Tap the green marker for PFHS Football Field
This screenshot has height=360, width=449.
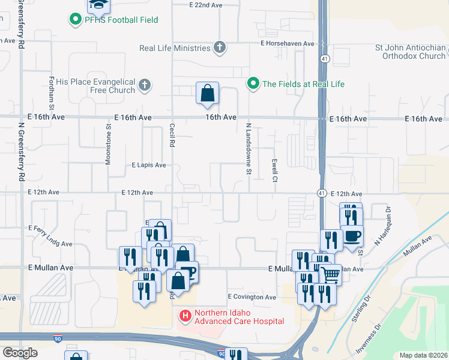point(76,20)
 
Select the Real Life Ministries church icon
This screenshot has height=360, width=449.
point(220,47)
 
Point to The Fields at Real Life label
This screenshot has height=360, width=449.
point(303,84)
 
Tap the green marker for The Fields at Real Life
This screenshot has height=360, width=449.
point(253,83)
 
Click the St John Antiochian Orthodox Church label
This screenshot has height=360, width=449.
point(410,52)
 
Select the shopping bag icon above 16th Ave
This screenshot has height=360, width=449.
point(207,94)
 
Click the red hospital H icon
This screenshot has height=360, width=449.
point(185,314)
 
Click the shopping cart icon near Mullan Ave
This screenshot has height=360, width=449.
point(330,275)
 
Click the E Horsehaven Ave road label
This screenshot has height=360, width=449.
point(287,44)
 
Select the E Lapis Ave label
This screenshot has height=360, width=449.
point(148,164)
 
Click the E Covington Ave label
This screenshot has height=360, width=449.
point(252,297)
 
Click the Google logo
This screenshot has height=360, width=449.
point(20,352)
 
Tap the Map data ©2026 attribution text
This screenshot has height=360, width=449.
point(423,355)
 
